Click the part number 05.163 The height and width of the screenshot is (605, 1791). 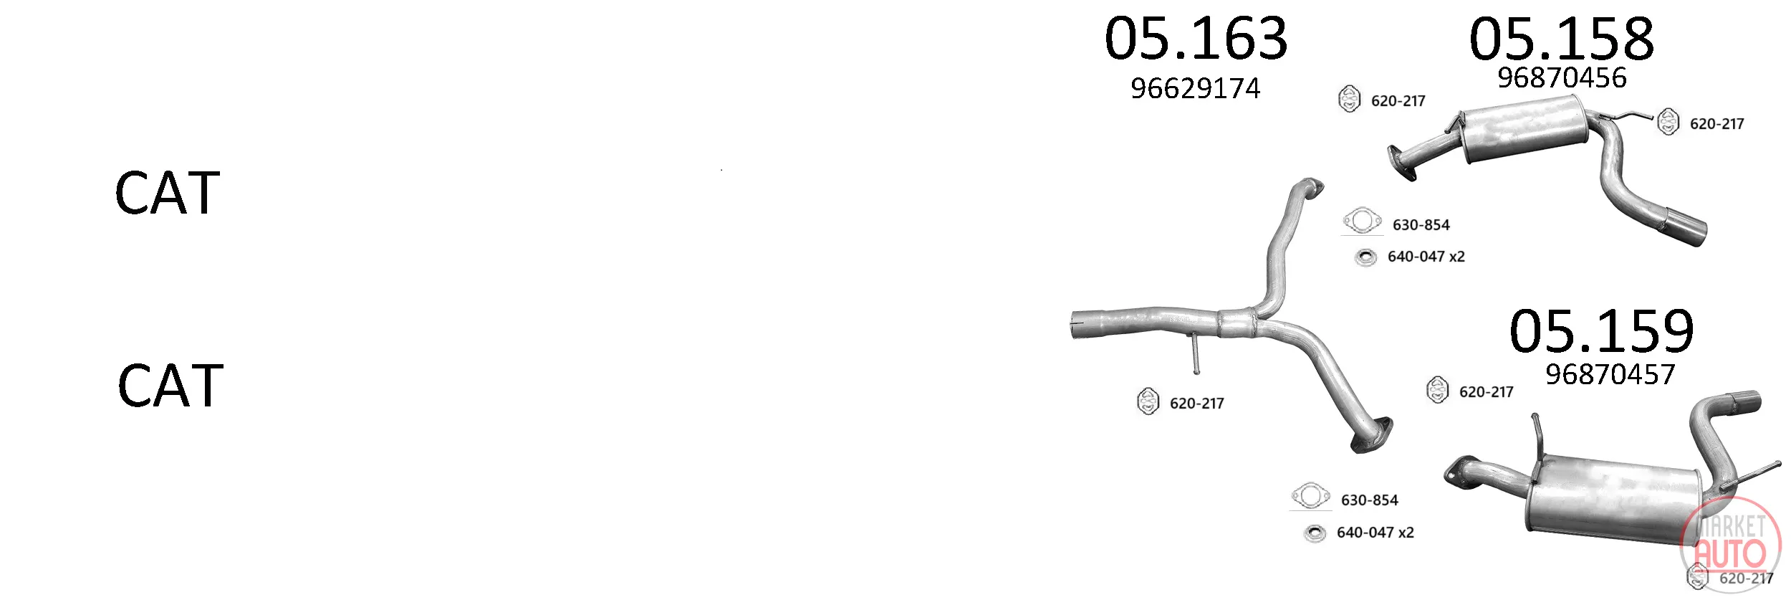coord(1196,39)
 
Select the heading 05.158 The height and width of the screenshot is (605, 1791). coord(1562,39)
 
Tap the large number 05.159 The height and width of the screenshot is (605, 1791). coord(1602,331)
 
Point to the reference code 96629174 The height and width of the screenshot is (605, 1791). coord(1195,89)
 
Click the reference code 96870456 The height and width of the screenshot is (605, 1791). coord(1562,77)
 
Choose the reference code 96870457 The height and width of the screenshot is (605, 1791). coord(1610,374)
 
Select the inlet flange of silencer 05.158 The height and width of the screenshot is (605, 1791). coord(1401,165)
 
